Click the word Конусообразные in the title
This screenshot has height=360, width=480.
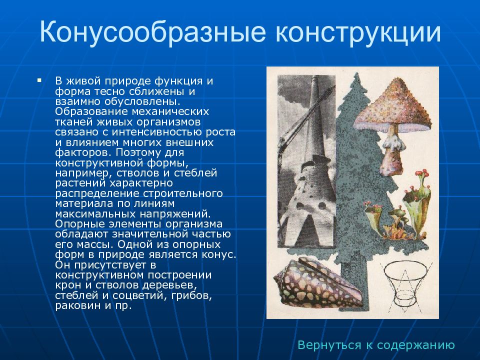click(x=152, y=32)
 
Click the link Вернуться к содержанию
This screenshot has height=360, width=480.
click(x=376, y=345)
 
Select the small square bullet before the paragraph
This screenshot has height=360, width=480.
click(x=39, y=80)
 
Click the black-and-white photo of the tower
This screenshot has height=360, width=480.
click(x=306, y=161)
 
